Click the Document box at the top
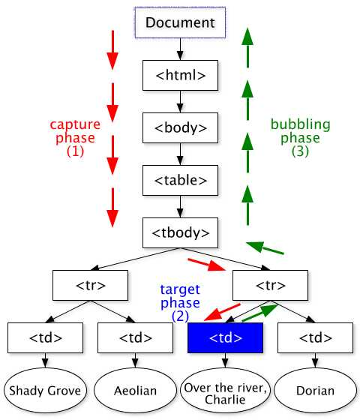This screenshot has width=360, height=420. (180, 22)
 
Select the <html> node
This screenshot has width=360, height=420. (180, 75)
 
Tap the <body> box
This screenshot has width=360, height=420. (180, 127)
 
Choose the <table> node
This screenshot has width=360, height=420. (180, 180)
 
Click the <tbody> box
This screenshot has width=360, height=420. (180, 232)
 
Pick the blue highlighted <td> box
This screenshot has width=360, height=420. (225, 337)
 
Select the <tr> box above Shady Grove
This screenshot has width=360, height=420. (90, 285)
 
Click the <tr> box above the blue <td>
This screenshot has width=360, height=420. (270, 285)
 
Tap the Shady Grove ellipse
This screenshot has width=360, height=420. (44, 390)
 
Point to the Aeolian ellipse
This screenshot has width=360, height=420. (135, 390)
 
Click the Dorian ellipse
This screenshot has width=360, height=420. (315, 390)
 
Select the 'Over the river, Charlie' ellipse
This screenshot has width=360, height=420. (225, 390)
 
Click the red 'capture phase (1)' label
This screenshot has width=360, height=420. (75, 137)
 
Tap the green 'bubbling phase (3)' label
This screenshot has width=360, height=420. (295, 137)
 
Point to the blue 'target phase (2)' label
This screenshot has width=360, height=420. (180, 302)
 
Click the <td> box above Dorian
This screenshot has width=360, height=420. (315, 337)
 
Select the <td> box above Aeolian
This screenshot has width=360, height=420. (135, 337)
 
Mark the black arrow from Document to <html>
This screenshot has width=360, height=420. (180, 49)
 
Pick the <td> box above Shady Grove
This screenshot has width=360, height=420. (45, 337)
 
